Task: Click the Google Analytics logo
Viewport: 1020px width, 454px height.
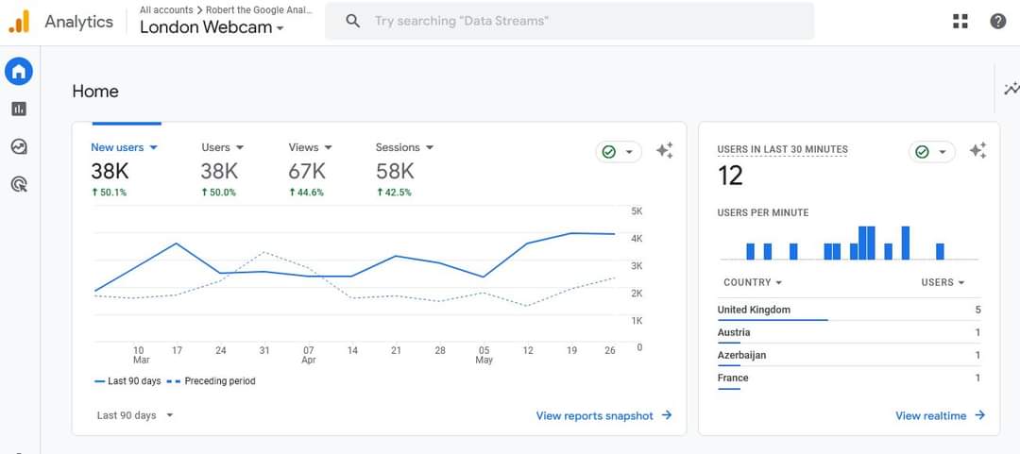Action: point(19,22)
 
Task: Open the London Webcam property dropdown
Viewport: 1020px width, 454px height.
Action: point(212,27)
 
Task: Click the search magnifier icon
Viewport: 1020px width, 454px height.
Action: point(352,22)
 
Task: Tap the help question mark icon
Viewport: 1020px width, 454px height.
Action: point(998,22)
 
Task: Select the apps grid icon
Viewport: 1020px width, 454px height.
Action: point(960,22)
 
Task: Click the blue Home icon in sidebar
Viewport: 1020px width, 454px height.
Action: point(19,72)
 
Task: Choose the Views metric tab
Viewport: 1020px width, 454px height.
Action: point(311,147)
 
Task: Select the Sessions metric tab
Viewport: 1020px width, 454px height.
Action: point(404,147)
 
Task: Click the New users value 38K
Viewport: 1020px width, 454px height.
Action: point(110,172)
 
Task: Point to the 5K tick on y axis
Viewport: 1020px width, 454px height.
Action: point(637,211)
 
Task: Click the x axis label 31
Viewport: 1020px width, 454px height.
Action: point(264,350)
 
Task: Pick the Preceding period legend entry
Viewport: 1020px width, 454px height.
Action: point(212,381)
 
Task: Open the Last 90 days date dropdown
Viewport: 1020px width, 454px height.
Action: point(135,415)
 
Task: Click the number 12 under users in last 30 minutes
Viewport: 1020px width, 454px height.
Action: point(730,176)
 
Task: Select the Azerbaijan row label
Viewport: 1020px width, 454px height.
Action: point(741,355)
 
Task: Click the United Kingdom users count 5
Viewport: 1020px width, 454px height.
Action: point(977,311)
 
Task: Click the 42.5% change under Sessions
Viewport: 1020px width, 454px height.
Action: point(394,193)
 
